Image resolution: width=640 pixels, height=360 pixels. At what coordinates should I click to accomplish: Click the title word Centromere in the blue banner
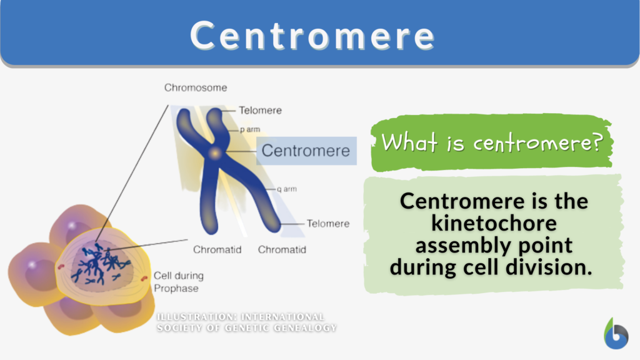tap(312, 36)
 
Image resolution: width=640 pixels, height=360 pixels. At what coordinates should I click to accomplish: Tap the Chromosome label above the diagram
tap(196, 87)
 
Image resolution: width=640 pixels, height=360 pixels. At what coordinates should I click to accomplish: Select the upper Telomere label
tap(260, 111)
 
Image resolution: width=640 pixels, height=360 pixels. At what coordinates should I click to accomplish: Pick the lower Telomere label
tap(327, 224)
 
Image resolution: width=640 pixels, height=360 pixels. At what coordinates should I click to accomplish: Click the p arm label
tap(250, 130)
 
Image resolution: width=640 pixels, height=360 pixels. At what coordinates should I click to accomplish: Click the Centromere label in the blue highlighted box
tap(306, 151)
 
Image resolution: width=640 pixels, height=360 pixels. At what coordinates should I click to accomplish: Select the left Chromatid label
tap(217, 250)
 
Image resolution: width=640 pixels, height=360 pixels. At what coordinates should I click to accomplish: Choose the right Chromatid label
tap(282, 250)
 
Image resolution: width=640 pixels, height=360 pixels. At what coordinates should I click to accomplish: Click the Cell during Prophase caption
tap(178, 282)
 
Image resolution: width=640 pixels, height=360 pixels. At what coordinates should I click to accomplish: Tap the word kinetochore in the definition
tap(494, 223)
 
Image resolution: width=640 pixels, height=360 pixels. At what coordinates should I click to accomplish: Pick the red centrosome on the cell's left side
tap(61, 268)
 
